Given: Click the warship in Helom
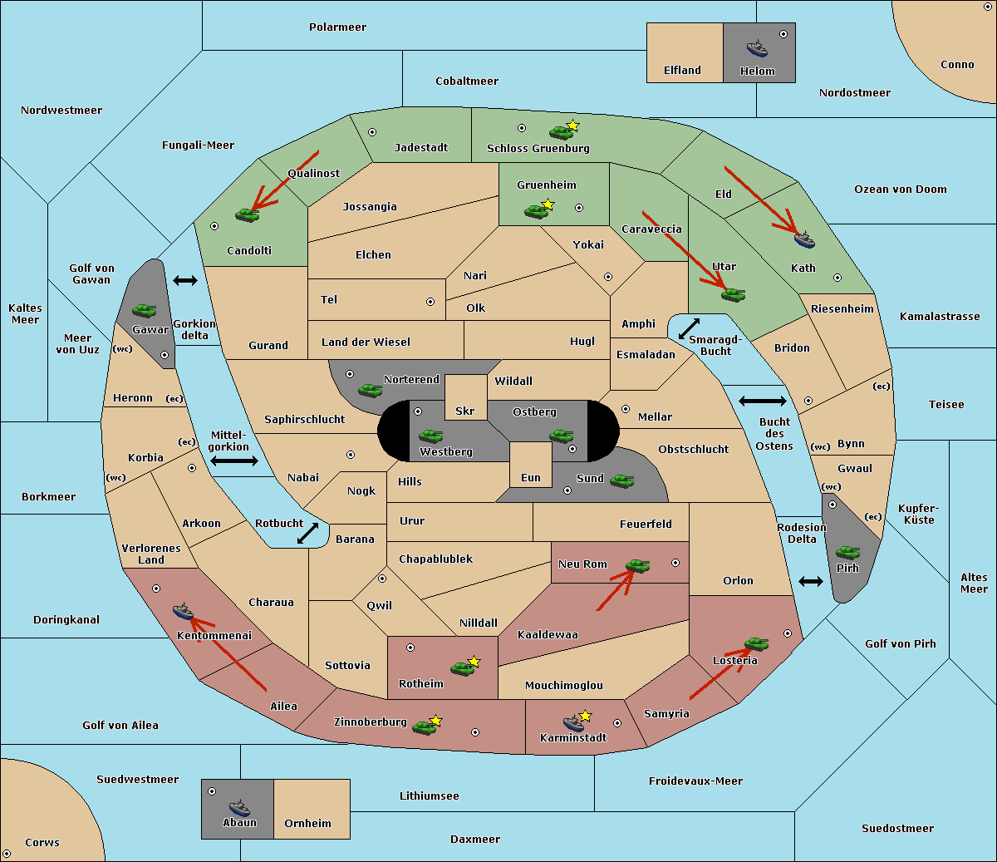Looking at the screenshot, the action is coord(757,48).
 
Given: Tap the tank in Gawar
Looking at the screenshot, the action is coord(145,310).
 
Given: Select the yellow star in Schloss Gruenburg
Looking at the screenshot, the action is coord(572,126).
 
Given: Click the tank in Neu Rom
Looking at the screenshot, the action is coord(637,565).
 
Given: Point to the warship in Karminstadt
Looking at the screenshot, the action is coord(573,722).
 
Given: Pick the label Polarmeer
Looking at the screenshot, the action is coord(337,27).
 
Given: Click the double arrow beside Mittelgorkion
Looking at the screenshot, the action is coord(234,461).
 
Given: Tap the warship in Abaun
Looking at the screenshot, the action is coord(240,807).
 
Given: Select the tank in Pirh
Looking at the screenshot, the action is coord(847,552).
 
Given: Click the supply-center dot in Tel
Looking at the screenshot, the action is coord(430,302).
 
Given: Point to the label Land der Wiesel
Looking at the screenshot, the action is coord(366,342).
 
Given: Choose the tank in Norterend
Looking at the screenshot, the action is coord(370,390).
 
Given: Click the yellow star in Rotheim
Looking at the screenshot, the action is coord(474,661).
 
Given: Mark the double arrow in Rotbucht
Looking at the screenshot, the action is coord(307,533).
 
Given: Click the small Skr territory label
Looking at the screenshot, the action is coord(465,411).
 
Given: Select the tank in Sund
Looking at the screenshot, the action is coord(621,480).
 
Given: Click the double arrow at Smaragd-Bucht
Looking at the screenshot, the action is coord(689,328).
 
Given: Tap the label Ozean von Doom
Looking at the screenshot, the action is coord(901,190).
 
